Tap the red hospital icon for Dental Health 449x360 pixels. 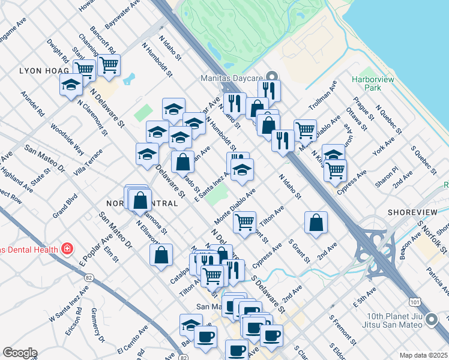[x=67, y=249]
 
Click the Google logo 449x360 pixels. [x=20, y=353]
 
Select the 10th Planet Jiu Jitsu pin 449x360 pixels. [x=431, y=322]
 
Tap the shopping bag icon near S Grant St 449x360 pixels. [x=316, y=223]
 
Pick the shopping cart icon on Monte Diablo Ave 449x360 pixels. [x=244, y=223]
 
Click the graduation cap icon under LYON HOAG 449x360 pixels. [x=71, y=85]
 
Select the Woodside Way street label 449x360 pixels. [x=67, y=140]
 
